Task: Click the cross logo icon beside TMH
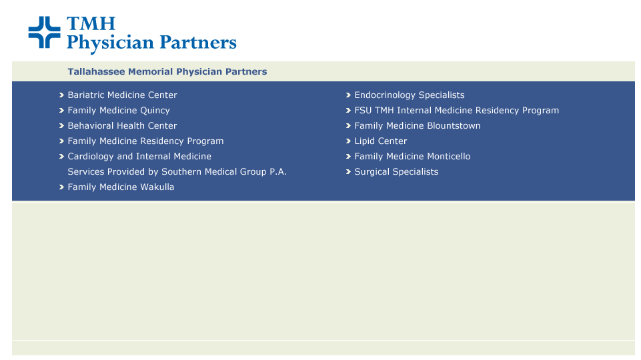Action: pyautogui.click(x=44, y=32)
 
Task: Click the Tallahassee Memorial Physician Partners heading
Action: pyautogui.click(x=167, y=71)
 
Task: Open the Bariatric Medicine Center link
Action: pyautogui.click(x=122, y=95)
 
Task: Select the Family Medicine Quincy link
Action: pyautogui.click(x=119, y=110)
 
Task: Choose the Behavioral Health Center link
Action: pyautogui.click(x=122, y=125)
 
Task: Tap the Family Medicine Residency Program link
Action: pyautogui.click(x=145, y=141)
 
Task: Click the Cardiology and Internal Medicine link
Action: pyautogui.click(x=139, y=156)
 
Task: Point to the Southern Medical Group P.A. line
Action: pyautogui.click(x=177, y=171)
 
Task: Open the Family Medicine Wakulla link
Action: pyautogui.click(x=121, y=187)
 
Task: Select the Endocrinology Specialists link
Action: pyautogui.click(x=409, y=95)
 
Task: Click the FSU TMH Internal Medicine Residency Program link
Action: pyautogui.click(x=457, y=110)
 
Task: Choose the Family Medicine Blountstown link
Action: pyautogui.click(x=418, y=125)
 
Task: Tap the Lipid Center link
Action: pyautogui.click(x=381, y=141)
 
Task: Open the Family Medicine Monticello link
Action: pyautogui.click(x=412, y=156)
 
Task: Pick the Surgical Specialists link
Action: pyautogui.click(x=396, y=171)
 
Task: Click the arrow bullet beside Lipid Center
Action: pyautogui.click(x=348, y=141)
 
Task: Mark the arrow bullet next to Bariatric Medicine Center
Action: pyautogui.click(x=62, y=95)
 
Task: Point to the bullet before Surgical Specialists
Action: pyautogui.click(x=348, y=172)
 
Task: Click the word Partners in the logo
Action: pyautogui.click(x=198, y=43)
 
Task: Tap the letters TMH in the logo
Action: pyautogui.click(x=91, y=24)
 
